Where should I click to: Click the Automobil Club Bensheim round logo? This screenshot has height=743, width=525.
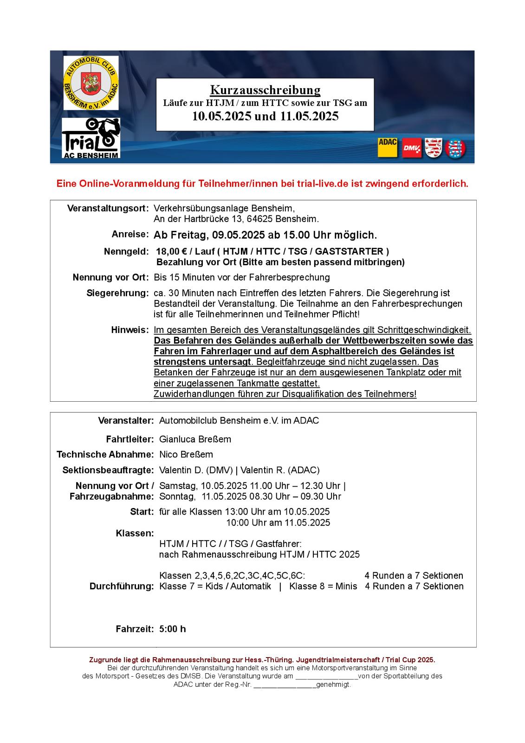(91, 83)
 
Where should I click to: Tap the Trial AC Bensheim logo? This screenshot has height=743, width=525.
(91, 138)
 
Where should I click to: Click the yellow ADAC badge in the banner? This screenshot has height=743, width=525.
(388, 148)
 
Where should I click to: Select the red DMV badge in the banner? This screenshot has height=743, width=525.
(412, 148)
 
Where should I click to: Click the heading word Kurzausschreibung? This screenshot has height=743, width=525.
(265, 90)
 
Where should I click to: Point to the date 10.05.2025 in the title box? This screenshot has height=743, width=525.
(222, 116)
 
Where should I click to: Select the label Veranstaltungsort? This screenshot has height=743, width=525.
(108, 208)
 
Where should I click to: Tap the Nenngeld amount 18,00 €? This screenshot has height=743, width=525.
(171, 252)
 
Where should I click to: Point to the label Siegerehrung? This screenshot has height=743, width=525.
(117, 293)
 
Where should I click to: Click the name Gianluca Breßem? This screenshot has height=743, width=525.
(195, 439)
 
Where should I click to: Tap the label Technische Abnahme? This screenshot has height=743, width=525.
(105, 455)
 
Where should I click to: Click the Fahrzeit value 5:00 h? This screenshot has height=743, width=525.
(172, 629)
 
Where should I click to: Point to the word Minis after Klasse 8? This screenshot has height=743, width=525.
(345, 587)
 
